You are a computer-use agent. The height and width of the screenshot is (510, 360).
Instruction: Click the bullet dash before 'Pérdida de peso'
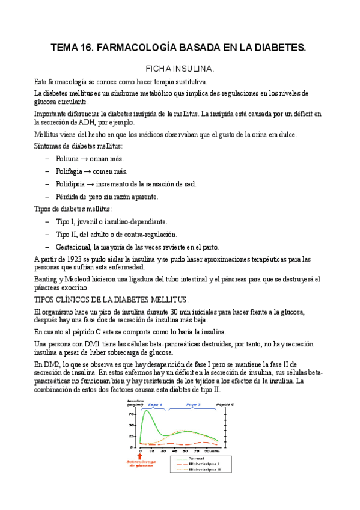coord(47,197)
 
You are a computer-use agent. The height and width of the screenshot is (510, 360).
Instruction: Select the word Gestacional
coord(75,247)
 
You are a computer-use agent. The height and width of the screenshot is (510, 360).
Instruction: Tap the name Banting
coord(47,279)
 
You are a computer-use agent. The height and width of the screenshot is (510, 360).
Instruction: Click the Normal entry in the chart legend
coord(198,458)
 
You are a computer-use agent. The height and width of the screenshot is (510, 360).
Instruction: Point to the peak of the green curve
coord(148,411)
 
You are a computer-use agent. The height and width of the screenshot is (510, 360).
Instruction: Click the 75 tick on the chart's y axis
coord(132,414)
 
